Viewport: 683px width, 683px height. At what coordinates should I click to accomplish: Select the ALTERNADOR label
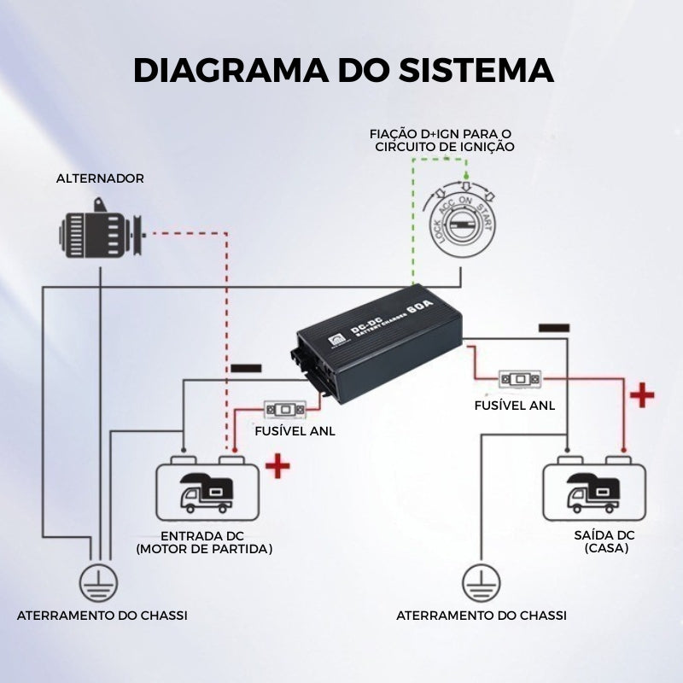coord(100,178)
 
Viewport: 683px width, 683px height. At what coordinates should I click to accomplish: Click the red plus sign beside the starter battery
coord(278,466)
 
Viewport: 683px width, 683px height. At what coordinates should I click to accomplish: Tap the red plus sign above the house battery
coord(641,395)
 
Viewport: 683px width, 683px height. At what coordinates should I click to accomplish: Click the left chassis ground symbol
coord(100,584)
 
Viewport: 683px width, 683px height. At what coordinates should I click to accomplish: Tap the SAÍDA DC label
coord(604,534)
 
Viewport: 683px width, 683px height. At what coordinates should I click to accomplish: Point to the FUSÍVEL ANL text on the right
coord(515,405)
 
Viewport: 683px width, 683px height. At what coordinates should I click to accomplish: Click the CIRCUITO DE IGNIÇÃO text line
coord(445,147)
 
